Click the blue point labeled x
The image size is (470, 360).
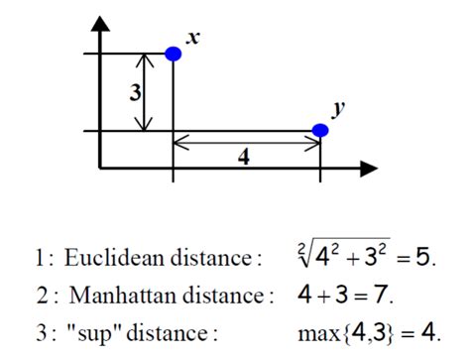174,54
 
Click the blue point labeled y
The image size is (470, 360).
320,130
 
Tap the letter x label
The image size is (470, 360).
193,38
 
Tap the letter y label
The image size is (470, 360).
338,110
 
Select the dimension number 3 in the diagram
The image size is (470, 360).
135,93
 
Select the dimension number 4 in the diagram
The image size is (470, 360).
244,157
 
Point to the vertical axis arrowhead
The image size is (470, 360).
100,23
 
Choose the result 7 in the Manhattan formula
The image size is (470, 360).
384,295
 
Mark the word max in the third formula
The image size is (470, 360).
318,330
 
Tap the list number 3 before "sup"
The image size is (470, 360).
40,330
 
